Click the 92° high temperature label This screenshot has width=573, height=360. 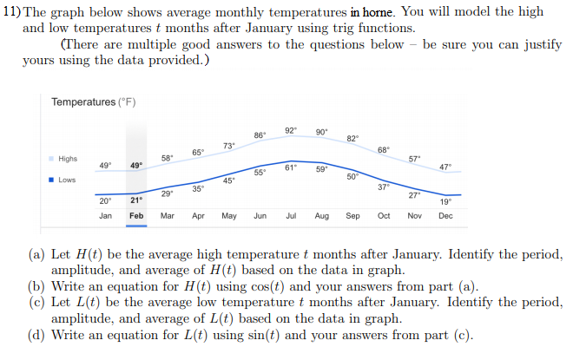(x=291, y=130)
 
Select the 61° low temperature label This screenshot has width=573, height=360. (x=291, y=167)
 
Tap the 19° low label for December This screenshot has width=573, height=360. (x=445, y=201)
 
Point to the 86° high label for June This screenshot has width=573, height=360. (x=260, y=135)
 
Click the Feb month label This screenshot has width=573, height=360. (x=136, y=215)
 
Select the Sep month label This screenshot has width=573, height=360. (x=352, y=215)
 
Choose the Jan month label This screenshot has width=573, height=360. (x=105, y=215)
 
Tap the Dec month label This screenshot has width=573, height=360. (x=445, y=215)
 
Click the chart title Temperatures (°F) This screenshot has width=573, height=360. (x=93, y=102)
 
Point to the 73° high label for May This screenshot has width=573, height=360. (x=229, y=145)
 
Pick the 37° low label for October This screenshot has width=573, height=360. (x=384, y=187)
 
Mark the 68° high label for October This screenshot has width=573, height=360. (x=384, y=150)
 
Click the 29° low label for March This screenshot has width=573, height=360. (x=168, y=193)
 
